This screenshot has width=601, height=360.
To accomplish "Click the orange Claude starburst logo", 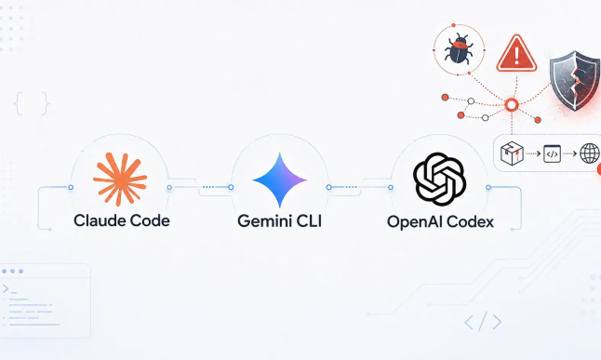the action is (120, 179).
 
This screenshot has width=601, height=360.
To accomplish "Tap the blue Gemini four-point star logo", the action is (280, 180).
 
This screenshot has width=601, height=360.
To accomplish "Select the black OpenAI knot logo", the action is (439, 179).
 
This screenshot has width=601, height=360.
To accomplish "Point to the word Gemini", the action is (263, 221).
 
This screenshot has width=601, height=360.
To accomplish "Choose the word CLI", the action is (308, 221).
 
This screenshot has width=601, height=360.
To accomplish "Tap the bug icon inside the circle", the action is (460, 48).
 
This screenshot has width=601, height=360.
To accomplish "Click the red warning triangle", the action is (516, 53).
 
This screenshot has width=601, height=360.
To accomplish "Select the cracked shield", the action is (575, 80).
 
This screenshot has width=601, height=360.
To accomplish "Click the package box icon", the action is (512, 153).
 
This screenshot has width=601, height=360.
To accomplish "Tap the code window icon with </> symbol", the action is (552, 153).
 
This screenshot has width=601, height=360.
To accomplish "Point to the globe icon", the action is (590, 153).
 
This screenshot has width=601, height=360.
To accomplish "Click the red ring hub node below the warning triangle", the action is (512, 105).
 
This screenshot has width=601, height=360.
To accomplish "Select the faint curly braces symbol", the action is (32, 103).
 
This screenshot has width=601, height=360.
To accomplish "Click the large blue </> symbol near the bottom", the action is (483, 322).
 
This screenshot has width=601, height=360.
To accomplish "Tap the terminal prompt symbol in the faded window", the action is (9, 289).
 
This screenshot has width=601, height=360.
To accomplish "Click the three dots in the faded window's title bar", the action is (13, 271).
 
